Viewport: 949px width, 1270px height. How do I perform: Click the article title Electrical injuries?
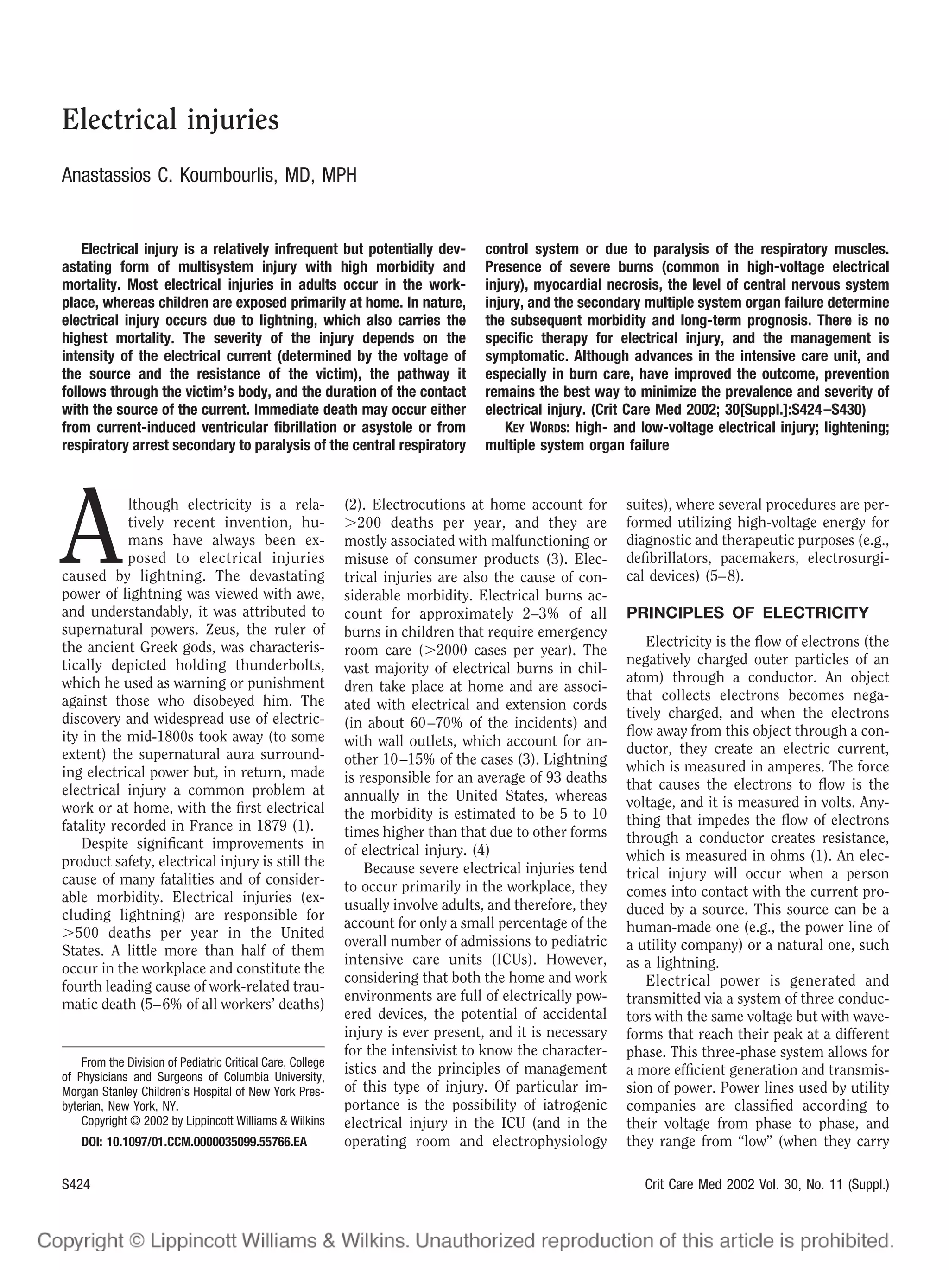pos(170,120)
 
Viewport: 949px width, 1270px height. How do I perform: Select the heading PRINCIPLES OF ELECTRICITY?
pos(747,613)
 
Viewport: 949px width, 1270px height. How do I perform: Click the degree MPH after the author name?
pos(339,175)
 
